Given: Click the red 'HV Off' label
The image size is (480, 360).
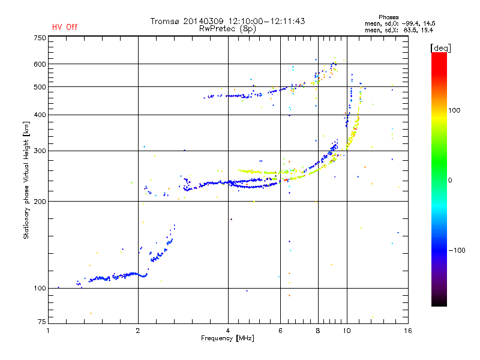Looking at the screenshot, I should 65,27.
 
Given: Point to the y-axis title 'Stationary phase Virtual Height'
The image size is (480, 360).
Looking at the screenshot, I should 26,179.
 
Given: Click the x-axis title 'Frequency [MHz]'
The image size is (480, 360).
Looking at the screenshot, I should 228,339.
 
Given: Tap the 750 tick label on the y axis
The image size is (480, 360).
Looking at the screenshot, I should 40,38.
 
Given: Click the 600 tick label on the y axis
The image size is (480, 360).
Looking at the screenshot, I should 40,64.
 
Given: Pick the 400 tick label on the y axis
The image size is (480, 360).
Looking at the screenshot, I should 40,115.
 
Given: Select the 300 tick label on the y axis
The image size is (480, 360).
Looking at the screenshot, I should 40,151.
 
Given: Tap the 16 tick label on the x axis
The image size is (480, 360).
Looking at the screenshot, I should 408,331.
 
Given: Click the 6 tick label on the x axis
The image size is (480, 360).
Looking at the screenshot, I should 280,331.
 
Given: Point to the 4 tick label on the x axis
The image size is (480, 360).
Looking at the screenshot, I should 228,331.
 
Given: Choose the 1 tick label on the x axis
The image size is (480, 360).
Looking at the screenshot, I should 49,331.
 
